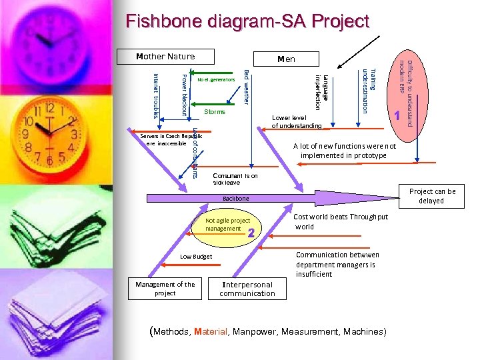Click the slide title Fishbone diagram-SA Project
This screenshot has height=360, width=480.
click(x=247, y=21)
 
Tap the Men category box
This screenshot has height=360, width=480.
click(x=286, y=59)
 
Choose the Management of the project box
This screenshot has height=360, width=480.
click(x=165, y=289)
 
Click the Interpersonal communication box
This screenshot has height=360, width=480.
click(x=247, y=289)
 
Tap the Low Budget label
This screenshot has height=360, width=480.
click(x=196, y=256)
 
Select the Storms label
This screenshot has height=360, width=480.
click(x=215, y=111)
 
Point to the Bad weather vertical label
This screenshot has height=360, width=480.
click(x=246, y=85)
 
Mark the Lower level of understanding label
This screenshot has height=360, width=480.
click(x=297, y=122)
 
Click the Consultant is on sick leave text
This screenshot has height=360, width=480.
click(x=235, y=179)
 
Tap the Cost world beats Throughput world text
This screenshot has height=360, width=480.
click(x=340, y=221)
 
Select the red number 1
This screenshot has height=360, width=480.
click(x=397, y=115)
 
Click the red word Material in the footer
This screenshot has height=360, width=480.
click(x=211, y=331)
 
